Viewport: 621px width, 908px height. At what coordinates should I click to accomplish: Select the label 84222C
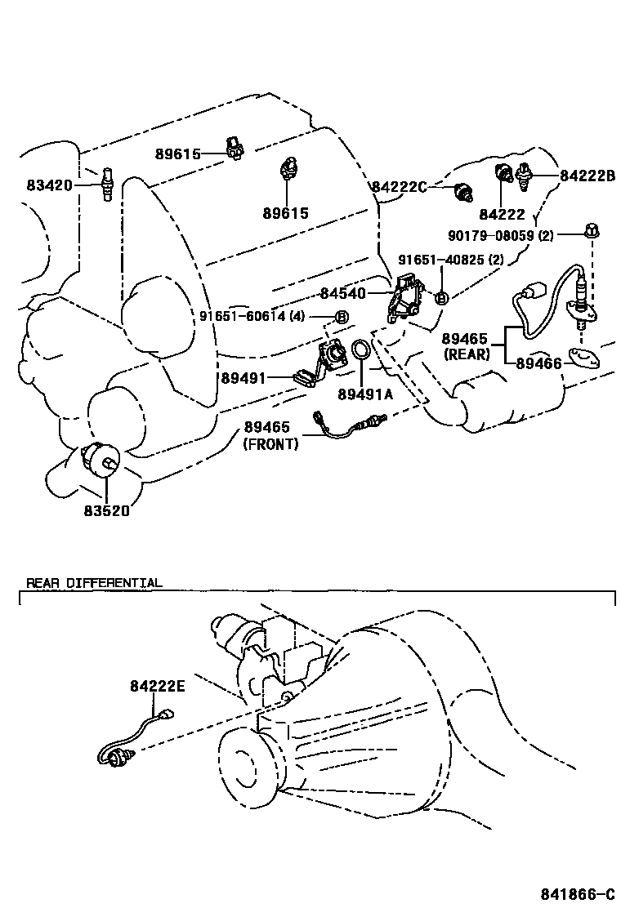point(400,187)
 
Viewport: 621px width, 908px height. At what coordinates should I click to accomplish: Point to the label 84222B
point(587,175)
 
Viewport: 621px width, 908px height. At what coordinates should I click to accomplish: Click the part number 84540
point(343,292)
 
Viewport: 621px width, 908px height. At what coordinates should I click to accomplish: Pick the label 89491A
point(365,394)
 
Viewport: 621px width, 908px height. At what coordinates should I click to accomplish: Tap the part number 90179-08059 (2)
point(501,235)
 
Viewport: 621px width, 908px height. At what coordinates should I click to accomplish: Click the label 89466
point(539,363)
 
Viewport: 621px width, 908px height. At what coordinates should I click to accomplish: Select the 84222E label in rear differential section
point(158,687)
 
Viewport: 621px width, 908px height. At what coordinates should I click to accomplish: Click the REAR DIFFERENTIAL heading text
point(94,583)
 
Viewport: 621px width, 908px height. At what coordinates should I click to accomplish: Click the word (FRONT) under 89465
point(270,444)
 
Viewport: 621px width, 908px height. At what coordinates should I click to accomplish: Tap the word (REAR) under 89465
point(467,354)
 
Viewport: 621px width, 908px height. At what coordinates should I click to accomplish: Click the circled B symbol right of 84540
point(440,299)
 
